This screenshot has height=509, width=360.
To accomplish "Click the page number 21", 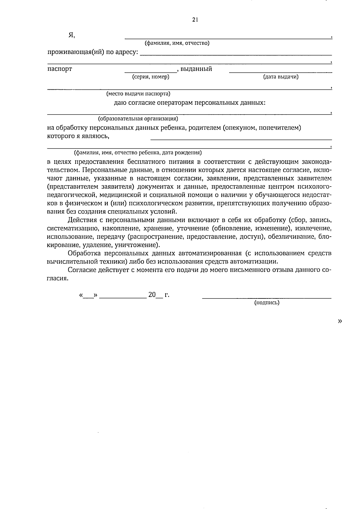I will point(195,20).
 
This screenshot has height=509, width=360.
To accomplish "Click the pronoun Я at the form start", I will point(71,35).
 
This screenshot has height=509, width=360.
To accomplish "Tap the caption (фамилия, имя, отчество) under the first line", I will point(177,43).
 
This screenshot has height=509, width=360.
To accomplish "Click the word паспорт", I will point(60,69).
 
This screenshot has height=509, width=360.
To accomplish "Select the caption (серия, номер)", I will point(151,77).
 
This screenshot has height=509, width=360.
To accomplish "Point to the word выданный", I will point(196,69).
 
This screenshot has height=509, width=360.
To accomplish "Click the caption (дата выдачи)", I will point(281,77).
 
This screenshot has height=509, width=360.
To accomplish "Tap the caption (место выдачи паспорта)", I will point(138,94).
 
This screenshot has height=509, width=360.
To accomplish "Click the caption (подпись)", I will point(267,303).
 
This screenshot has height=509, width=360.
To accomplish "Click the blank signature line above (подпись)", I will point(267,298).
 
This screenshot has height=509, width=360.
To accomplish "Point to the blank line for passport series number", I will point(151,72).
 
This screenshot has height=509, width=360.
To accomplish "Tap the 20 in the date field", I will point(152,295).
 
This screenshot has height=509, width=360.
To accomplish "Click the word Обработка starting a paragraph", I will point(82,253).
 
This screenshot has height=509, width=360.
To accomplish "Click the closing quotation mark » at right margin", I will point(340,321).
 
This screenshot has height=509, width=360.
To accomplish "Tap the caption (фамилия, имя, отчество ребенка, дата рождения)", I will point(138,152).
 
